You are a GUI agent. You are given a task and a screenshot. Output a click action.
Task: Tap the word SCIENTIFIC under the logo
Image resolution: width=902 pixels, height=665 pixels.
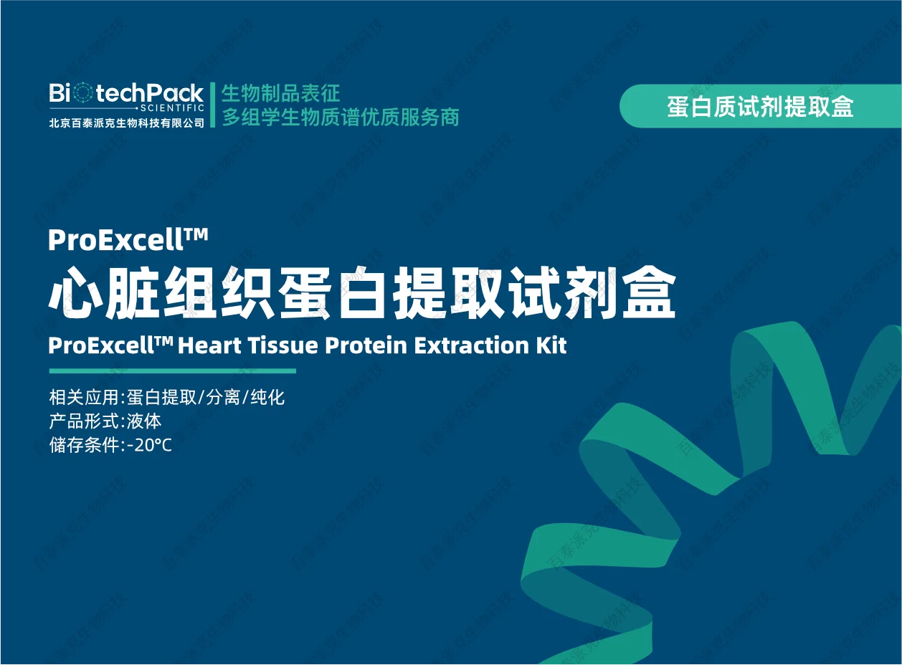click(x=172, y=108)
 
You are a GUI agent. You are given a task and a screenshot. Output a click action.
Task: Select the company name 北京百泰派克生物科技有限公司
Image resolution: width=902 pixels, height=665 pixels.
click(x=127, y=123)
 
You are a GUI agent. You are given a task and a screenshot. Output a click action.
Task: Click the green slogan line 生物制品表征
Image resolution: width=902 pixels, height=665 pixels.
click(x=280, y=93)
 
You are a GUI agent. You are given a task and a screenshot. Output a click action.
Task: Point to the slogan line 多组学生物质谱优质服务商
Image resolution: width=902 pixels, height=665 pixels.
click(x=341, y=117)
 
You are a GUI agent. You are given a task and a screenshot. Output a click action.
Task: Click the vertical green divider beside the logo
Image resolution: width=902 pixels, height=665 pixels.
click(x=213, y=105)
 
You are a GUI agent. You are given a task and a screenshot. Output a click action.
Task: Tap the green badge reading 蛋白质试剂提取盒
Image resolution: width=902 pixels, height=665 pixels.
click(x=760, y=106)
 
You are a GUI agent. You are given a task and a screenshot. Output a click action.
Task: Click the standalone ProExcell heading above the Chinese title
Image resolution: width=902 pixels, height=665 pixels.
click(x=128, y=239)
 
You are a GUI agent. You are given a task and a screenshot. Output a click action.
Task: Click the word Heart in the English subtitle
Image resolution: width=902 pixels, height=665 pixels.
click(x=209, y=345)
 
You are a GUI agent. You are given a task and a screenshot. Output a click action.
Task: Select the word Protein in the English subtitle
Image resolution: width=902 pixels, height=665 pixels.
click(x=366, y=345)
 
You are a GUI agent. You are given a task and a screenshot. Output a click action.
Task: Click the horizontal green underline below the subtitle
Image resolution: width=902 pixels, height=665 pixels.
click(x=172, y=370)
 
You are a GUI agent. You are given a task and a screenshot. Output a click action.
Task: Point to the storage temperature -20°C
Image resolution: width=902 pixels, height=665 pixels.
click(x=149, y=445)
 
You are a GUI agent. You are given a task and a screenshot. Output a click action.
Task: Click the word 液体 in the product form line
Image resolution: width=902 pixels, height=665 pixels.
click(x=143, y=421)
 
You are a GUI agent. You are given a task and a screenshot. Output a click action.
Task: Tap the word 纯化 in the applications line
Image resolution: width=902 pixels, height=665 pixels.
click(x=267, y=397)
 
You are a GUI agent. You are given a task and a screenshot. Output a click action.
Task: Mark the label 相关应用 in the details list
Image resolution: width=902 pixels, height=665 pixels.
click(x=84, y=397)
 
